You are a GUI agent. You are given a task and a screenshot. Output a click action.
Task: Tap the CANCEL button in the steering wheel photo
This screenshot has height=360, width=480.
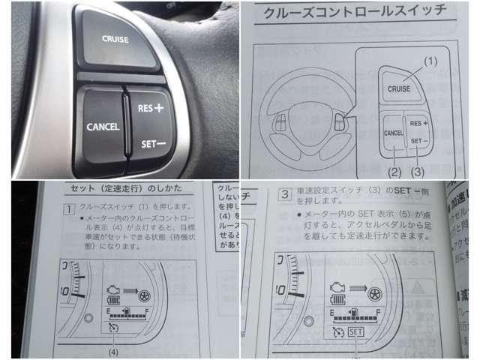click(x=102, y=126)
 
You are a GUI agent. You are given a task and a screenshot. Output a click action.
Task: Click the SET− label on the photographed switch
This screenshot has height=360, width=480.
click(x=154, y=142)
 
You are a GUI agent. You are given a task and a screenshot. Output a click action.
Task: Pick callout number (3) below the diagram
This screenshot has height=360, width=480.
click(x=418, y=171)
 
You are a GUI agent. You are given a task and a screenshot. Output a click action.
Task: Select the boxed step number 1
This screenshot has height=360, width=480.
click(x=67, y=207)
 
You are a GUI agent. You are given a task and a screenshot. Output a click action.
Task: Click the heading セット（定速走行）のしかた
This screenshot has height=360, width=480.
click(x=127, y=187)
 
